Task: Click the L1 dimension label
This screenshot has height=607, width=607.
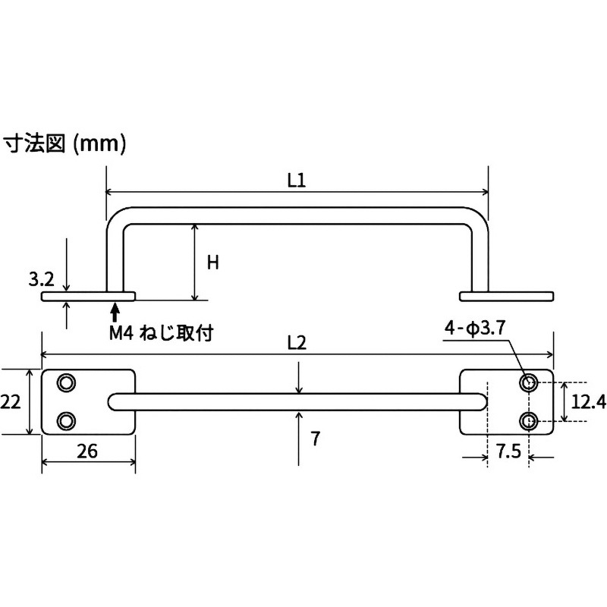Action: (x=296, y=181)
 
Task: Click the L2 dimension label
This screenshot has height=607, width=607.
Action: (x=297, y=343)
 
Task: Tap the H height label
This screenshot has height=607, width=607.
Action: (x=213, y=263)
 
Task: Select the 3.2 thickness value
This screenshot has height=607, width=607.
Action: (x=41, y=280)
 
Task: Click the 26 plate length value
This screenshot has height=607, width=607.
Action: (x=87, y=451)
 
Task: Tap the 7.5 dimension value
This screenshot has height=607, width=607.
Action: (x=508, y=453)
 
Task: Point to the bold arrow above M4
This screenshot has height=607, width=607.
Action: (x=115, y=311)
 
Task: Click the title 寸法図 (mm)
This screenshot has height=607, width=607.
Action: (x=65, y=141)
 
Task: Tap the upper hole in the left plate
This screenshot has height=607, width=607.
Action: (x=67, y=382)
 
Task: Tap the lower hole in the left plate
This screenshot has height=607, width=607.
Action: (x=67, y=420)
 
